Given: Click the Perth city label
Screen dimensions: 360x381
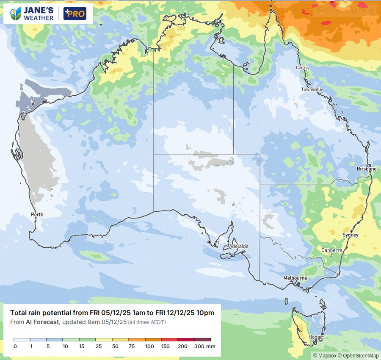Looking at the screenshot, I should tap(37, 215).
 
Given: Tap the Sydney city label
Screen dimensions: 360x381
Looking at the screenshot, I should tap(350, 235).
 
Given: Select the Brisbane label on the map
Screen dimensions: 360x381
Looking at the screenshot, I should tap(366, 169).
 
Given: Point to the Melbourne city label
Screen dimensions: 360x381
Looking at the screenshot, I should tap(295, 278).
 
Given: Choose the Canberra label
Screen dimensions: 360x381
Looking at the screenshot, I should tap(331, 250).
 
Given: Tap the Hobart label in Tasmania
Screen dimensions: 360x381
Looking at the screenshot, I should tap(316, 338).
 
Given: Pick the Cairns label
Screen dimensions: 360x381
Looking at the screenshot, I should tap(302, 68).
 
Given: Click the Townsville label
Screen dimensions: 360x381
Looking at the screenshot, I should tap(312, 89).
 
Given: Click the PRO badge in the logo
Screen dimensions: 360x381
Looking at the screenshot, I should tap(75, 14).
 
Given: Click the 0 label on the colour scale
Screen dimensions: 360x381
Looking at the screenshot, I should tap(14, 346).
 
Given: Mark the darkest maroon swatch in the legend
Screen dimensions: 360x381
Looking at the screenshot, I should tap(202, 340).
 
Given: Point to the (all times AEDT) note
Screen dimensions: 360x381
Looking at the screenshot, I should tap(146, 322).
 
